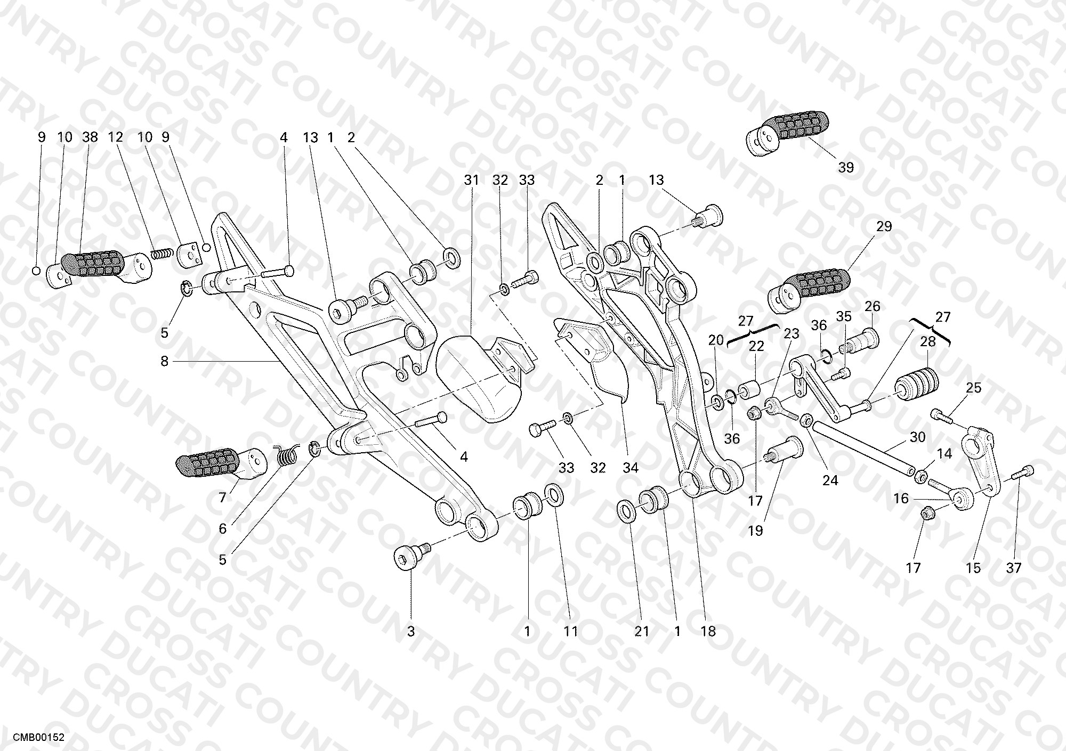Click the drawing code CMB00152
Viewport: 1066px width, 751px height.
(38, 738)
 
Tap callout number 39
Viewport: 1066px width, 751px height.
(846, 167)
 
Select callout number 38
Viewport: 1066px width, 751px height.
(90, 137)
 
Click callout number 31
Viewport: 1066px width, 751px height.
(471, 180)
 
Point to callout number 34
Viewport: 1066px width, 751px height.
(630, 468)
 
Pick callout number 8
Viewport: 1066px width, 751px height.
(164, 362)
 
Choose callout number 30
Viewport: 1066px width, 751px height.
(917, 437)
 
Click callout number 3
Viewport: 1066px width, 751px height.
(410, 631)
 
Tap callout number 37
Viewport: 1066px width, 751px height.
(1013, 568)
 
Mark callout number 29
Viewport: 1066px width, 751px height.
(884, 226)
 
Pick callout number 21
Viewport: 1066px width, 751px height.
(642, 631)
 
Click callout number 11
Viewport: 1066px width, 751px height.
(571, 631)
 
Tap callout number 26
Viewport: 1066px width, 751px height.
(872, 306)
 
